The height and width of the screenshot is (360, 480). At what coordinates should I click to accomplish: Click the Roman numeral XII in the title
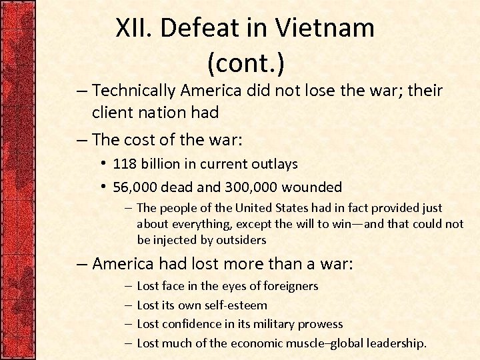(x=134, y=28)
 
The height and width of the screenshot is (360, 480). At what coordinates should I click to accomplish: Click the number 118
(x=124, y=163)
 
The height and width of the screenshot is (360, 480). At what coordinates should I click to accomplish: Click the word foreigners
(x=283, y=286)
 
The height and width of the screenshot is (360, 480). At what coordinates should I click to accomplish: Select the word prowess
(x=319, y=324)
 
